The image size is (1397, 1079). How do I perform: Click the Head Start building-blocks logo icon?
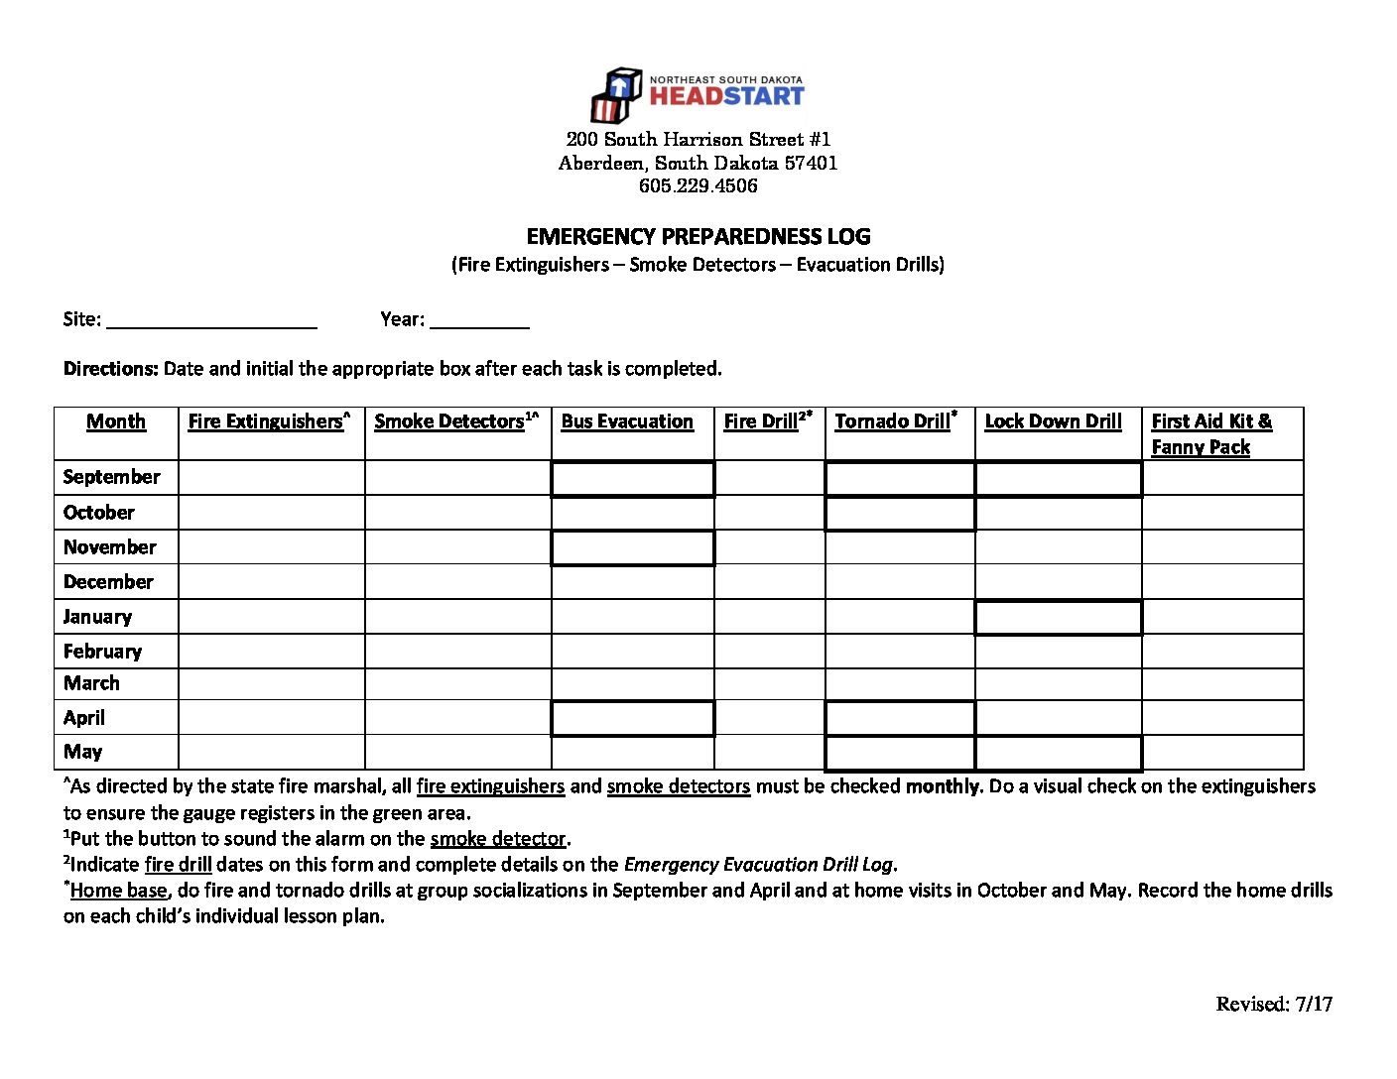click(615, 94)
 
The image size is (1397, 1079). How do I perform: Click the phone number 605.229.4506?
click(698, 185)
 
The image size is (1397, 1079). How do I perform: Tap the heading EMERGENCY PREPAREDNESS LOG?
click(698, 236)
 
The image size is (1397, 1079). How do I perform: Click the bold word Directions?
click(110, 369)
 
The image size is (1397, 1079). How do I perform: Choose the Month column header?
click(116, 421)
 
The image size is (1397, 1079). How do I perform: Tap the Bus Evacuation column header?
click(627, 421)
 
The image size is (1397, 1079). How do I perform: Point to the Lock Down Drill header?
click(1053, 421)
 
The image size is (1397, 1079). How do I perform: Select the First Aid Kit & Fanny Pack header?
click(1210, 433)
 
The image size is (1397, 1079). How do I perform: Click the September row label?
click(111, 477)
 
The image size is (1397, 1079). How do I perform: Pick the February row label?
click(102, 652)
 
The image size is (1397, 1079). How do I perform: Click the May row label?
click(83, 752)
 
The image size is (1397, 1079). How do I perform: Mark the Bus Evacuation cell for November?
click(632, 547)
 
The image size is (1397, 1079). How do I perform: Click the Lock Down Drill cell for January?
click(1058, 617)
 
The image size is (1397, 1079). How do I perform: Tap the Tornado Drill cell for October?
click(899, 513)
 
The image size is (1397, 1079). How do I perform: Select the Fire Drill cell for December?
click(769, 582)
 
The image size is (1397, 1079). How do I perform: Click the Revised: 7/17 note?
click(1274, 1004)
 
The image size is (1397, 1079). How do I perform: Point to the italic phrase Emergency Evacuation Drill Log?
click(758, 865)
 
